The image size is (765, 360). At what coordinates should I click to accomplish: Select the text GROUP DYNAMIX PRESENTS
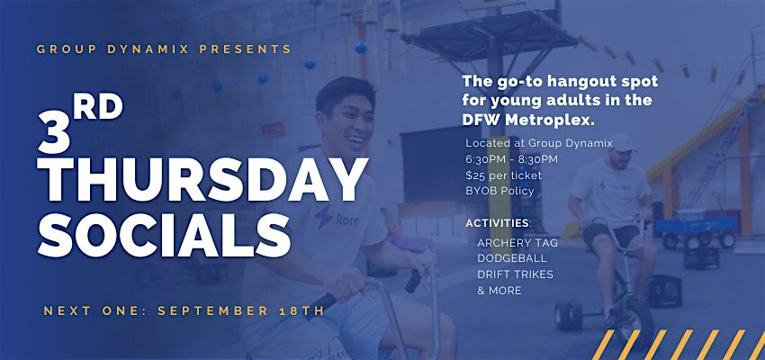164,49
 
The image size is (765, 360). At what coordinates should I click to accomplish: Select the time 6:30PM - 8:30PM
512,159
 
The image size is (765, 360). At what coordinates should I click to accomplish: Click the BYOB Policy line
500,191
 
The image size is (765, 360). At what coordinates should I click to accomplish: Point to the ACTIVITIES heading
499,223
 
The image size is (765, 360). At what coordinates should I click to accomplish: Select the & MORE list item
499,290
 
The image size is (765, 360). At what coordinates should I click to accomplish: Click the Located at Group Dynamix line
539,143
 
